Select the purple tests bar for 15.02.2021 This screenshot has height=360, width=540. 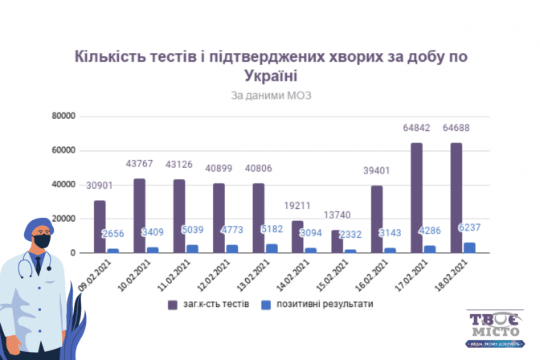[337, 241]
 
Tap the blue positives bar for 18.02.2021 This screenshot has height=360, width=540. [470, 247]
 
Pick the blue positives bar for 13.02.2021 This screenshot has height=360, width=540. [272, 248]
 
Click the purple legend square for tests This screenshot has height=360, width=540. [171, 305]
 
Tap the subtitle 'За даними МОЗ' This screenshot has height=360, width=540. [270, 96]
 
